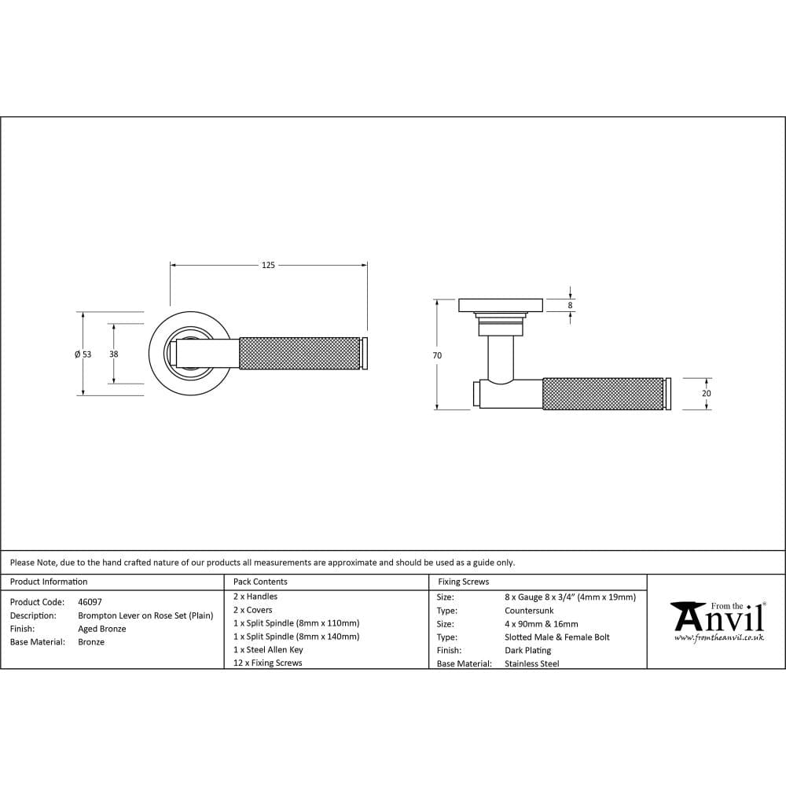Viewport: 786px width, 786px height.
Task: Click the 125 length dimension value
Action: click(268, 266)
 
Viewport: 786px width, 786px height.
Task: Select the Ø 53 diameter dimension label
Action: click(83, 354)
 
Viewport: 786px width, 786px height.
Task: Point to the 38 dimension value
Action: click(113, 354)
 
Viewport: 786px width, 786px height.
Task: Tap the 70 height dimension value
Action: click(437, 355)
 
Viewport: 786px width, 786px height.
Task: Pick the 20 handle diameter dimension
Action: click(706, 393)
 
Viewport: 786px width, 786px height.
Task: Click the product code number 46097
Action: click(90, 601)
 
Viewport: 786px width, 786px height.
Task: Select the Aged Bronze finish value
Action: click(102, 629)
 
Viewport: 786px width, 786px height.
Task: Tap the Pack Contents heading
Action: click(260, 582)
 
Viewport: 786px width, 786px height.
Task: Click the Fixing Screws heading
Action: click(463, 582)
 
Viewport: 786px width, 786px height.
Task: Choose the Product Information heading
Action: click(49, 582)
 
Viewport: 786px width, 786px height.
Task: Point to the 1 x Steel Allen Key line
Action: click(268, 650)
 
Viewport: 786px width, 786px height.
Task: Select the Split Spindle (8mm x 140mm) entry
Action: click(296, 637)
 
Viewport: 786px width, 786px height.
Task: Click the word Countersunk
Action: click(529, 611)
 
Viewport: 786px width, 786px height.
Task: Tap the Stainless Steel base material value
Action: click(532, 664)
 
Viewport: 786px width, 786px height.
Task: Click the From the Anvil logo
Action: click(717, 620)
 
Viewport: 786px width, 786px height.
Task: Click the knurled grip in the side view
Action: click(603, 394)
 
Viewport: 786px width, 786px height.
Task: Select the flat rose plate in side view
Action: click(501, 305)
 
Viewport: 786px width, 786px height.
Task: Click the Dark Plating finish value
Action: click(527, 651)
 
